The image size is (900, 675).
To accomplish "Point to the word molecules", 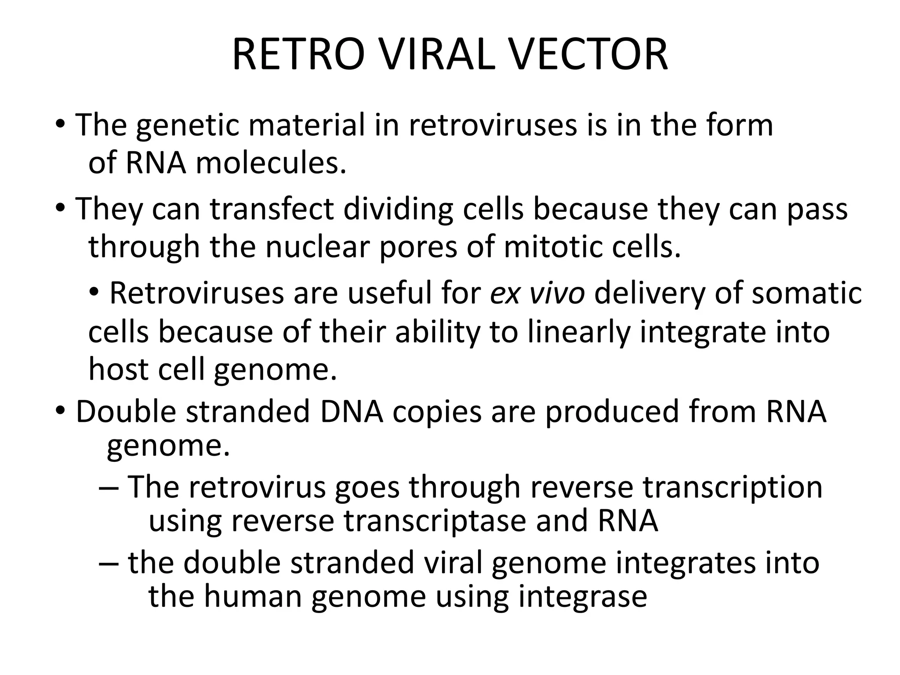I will click(x=271, y=163).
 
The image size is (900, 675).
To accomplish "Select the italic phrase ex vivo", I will click(x=537, y=293).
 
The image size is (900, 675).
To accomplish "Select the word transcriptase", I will click(x=434, y=521).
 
